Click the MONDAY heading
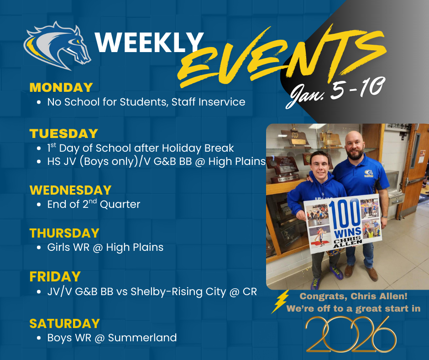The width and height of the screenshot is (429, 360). [61, 87]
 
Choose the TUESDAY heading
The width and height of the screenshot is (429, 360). [64, 133]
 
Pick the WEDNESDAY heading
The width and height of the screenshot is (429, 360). [70, 190]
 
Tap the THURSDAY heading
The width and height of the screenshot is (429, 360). [64, 233]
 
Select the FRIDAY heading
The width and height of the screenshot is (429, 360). [55, 276]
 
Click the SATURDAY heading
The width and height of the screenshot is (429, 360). [64, 323]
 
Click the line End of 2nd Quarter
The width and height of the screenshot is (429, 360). [94, 204]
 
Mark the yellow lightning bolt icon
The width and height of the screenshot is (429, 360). [279, 301]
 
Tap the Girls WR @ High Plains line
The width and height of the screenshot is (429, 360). [105, 248]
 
